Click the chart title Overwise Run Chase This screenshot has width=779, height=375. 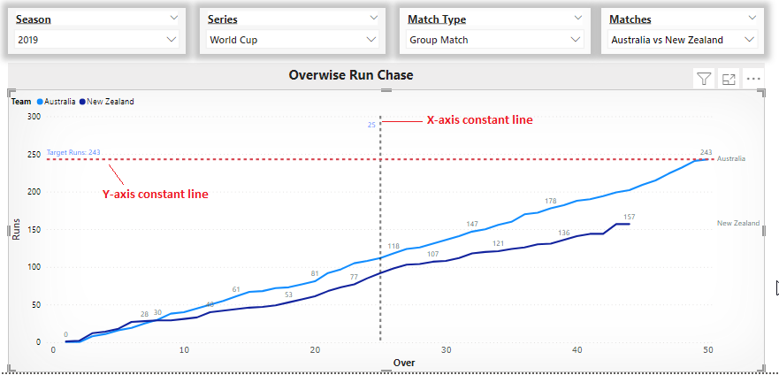pos(350,75)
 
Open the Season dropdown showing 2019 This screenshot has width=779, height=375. pos(96,40)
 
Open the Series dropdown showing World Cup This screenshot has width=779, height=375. pos(293,40)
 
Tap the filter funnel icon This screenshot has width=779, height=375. pos(704,79)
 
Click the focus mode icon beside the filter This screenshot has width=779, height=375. pos(729,79)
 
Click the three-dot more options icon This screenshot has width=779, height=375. pos(753,79)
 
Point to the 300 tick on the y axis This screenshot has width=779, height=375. pos(34,116)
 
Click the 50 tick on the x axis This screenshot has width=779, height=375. pos(707,351)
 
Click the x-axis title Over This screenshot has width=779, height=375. pos(403,363)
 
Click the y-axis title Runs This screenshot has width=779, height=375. pos(16,229)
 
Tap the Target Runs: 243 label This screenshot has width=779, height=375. pos(73,152)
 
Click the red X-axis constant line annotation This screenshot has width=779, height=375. pos(479,120)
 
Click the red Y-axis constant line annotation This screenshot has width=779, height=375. pos(156,194)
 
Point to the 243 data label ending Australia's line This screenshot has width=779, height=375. pos(706,152)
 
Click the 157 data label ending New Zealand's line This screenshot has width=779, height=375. pos(629,217)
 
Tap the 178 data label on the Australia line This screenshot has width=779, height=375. pos(551,201)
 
